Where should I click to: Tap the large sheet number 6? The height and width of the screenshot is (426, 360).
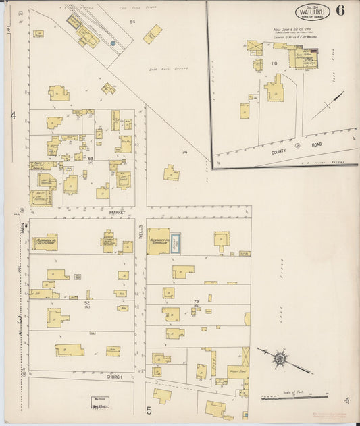(x=340, y=11)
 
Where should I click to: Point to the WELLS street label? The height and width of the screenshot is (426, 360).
(x=140, y=231)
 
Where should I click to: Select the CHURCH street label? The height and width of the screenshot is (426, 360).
(x=113, y=377)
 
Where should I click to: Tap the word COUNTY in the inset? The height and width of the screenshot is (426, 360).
(x=279, y=153)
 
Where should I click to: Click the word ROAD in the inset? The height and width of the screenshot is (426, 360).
(x=316, y=144)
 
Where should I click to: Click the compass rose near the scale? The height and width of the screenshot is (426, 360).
(x=280, y=358)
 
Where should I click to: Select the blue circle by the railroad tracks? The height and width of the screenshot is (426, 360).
(x=113, y=43)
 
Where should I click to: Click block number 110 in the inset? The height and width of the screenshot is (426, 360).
(x=274, y=63)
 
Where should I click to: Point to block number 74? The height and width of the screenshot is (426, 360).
(x=184, y=153)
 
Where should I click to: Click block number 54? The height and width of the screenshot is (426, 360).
(x=133, y=22)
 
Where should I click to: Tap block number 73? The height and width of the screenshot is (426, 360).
(x=196, y=301)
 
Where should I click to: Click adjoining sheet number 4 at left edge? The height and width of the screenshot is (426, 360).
(x=13, y=116)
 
